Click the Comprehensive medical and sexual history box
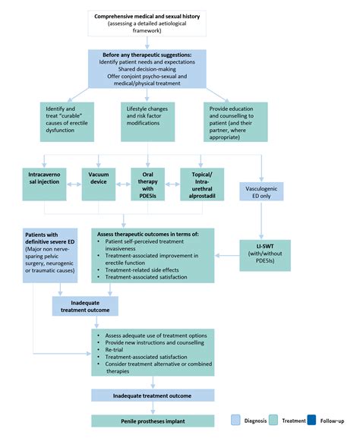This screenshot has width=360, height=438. (x=147, y=24)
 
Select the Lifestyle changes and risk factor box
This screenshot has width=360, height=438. (x=147, y=121)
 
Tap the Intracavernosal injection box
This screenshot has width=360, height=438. (x=45, y=184)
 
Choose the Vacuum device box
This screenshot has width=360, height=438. (x=99, y=184)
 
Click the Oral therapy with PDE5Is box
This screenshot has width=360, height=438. (x=147, y=184)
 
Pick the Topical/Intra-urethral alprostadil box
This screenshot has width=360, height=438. (x=202, y=184)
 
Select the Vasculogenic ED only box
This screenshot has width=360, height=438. (x=261, y=191)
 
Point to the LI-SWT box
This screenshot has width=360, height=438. (x=265, y=255)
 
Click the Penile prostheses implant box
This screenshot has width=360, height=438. (x=153, y=421)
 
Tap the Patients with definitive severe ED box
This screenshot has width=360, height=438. (x=50, y=255)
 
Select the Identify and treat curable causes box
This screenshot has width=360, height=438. (x=67, y=121)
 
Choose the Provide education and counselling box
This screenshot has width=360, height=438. (x=235, y=121)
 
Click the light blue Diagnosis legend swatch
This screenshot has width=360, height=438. (x=235, y=420)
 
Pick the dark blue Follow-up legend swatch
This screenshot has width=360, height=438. (x=311, y=420)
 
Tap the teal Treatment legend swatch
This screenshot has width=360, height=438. (x=273, y=420)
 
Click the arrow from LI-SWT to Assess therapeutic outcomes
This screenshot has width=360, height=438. (x=227, y=255)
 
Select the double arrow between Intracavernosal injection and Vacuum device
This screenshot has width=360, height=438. (x=74, y=184)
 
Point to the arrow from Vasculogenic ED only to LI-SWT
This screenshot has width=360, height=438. (x=261, y=220)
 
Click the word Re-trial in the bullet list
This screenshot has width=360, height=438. (x=114, y=350)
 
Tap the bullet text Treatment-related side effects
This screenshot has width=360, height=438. (x=142, y=270)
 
